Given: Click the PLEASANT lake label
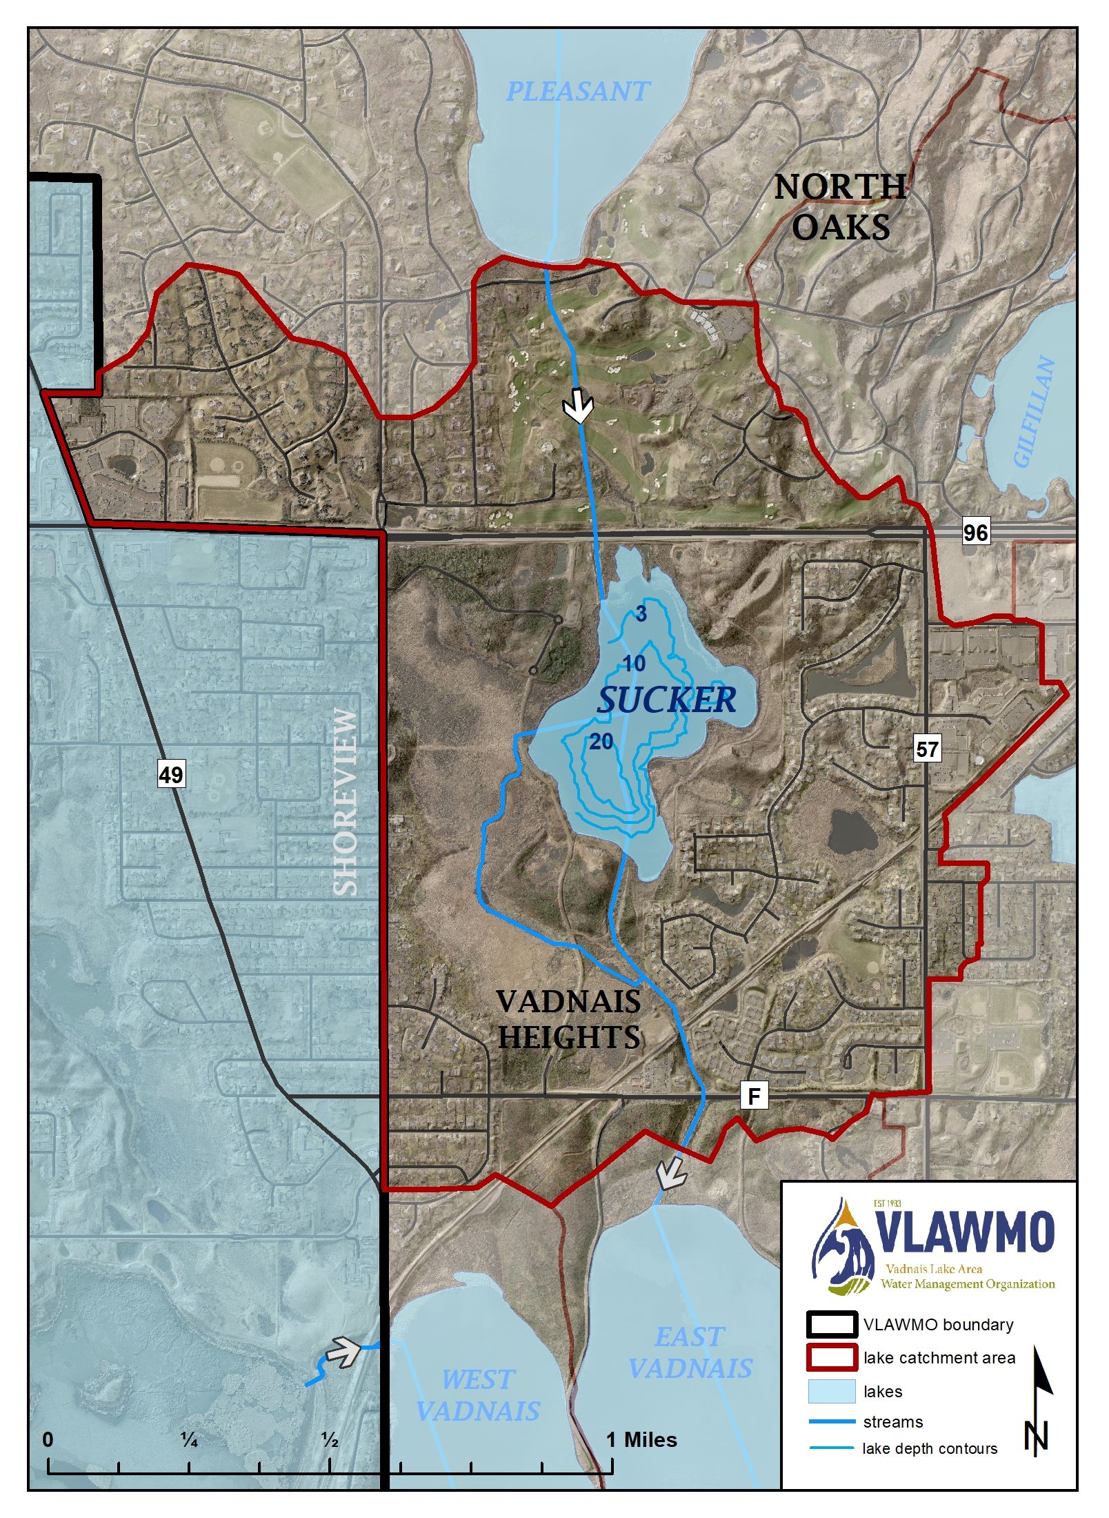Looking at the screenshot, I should pos(578,91).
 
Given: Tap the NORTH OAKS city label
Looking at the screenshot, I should pos(840,207).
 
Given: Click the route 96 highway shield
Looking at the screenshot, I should pos(975,532).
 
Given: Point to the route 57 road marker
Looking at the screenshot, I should pos(927,749).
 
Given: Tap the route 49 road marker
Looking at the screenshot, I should pos(171,775).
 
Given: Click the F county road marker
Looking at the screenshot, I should pos(754,1096).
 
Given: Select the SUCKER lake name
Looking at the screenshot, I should pos(666,700).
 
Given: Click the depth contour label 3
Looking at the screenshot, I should pos(641,614).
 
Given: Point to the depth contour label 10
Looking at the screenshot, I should pos(634,664).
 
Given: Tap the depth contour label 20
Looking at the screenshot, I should pos(601,742).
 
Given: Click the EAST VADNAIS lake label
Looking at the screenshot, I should pos(690,1352).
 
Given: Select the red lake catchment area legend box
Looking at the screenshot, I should pos(832,1357).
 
